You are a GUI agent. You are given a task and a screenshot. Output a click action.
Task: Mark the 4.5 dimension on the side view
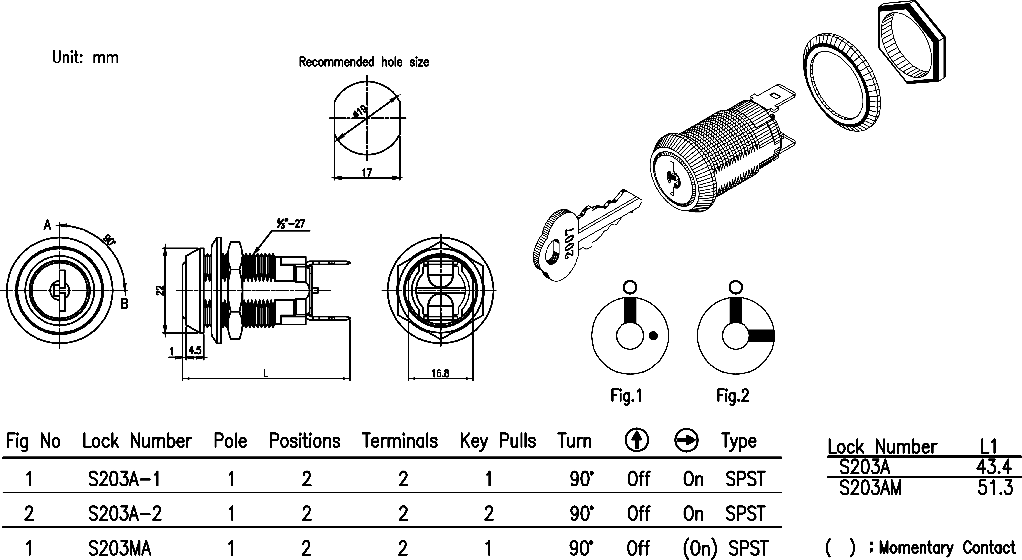pos(195,351)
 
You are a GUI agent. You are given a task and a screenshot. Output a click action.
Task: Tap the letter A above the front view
pos(47,225)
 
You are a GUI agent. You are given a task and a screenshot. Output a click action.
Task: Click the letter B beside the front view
pos(124,304)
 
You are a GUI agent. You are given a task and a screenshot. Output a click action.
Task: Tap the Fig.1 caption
pos(626,396)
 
